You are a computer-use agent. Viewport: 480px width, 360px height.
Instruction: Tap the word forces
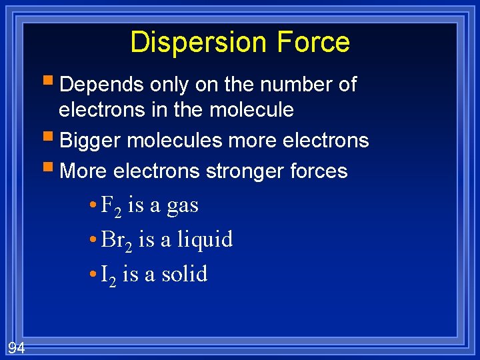317,171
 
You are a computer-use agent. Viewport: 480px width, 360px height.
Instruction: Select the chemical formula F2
111,206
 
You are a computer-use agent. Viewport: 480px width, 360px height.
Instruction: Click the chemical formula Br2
116,240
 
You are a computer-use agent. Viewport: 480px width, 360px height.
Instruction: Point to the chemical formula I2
108,274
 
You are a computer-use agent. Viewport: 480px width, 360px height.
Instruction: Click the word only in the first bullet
169,85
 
